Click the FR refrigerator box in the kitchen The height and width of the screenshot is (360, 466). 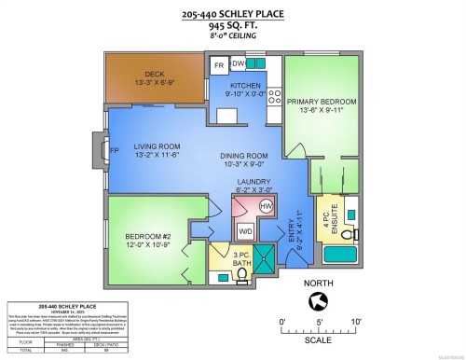tap(219, 65)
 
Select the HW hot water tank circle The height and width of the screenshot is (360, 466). tap(265, 205)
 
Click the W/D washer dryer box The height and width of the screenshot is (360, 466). tap(245, 228)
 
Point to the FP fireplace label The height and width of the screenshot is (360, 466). tap(115, 149)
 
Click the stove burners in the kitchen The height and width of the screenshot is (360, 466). tap(274, 93)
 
